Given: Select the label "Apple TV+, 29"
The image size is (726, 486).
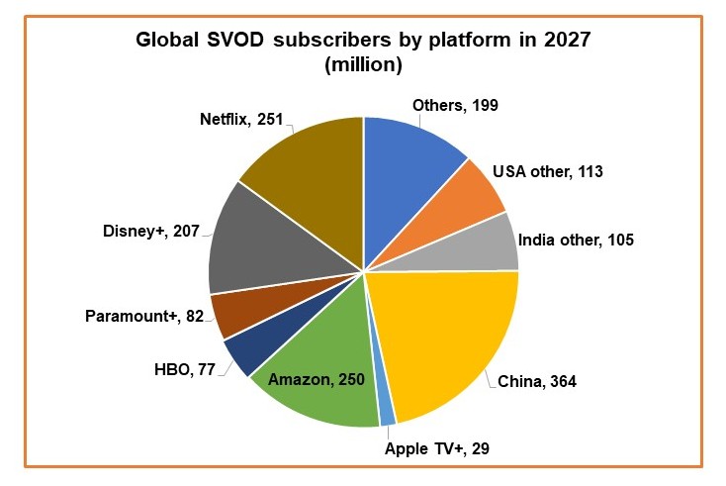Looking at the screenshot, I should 436,447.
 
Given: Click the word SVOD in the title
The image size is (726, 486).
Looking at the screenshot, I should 235,43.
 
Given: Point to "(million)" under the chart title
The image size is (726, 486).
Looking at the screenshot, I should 362,66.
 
